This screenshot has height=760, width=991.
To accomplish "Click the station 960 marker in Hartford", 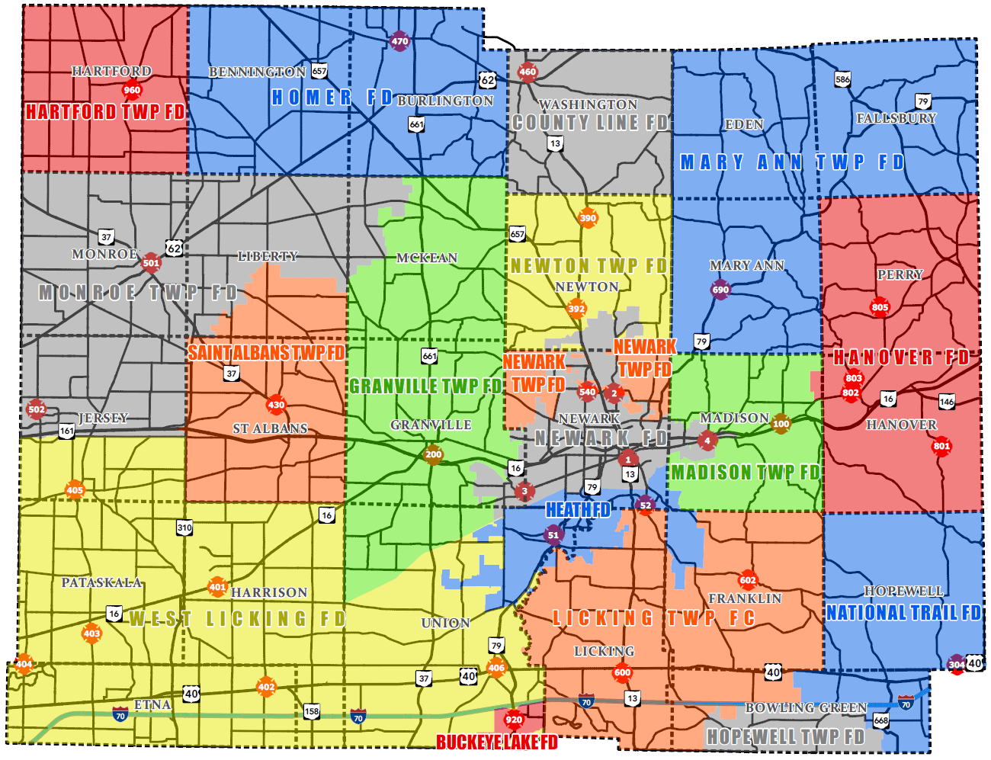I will tap(132, 90).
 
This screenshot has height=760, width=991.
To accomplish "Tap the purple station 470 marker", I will tap(399, 41).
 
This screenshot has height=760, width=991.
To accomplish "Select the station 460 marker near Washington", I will tap(528, 72).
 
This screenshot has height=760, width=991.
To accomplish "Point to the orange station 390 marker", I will tap(588, 218).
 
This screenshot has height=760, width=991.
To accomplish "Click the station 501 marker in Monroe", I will tap(151, 263).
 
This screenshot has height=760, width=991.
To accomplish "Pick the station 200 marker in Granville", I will tap(433, 454).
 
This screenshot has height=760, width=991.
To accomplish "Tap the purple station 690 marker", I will tap(720, 289).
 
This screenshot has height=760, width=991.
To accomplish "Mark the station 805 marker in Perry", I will tap(880, 307).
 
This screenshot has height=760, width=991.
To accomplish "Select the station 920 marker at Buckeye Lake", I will tap(514, 720).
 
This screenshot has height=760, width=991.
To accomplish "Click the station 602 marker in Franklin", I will tap(748, 580).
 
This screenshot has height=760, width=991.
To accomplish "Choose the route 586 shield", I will tap(842, 79).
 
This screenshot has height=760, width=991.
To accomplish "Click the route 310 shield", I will tap(184, 528).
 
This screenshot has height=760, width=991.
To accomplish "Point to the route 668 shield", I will tap(881, 720).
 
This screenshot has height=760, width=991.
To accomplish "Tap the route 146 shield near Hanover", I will tap(947, 402).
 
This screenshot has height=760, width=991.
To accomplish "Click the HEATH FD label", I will tap(578, 509).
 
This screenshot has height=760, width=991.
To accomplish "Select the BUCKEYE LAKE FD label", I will tap(496, 742).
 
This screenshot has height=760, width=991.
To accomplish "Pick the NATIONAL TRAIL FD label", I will tap(903, 613).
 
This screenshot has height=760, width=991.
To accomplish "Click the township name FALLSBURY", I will tap(896, 118).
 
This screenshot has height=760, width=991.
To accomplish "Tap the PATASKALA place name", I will tap(101, 582).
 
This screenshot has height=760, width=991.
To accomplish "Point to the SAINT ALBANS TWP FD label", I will tap(266, 352).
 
